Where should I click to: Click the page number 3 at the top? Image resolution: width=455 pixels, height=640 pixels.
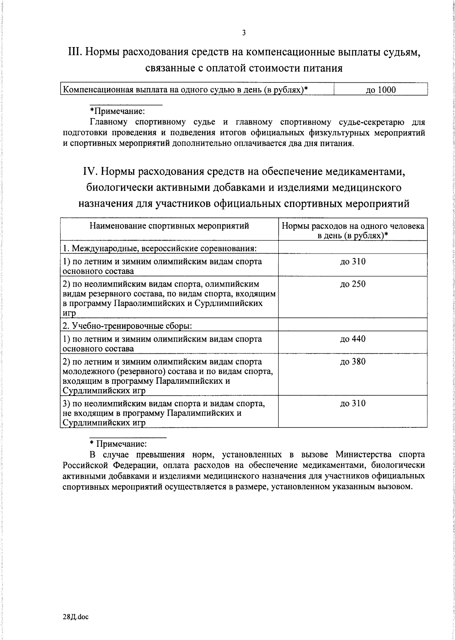[244, 33]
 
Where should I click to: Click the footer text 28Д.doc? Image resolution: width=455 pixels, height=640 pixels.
[75, 617]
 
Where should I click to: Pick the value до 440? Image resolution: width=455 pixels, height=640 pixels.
[353, 339]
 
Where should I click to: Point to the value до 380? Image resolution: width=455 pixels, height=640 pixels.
[353, 362]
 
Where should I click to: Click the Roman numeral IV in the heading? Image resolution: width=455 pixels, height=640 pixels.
[91, 172]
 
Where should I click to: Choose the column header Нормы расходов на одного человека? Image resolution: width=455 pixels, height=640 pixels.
[353, 227]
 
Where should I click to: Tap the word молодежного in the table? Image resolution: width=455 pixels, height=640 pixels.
[87, 371]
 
